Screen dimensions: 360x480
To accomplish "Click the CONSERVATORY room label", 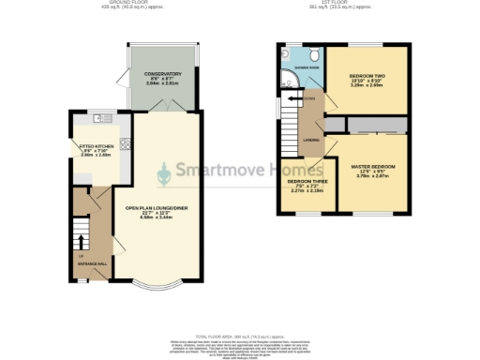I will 162,73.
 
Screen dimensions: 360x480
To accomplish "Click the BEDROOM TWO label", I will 367,76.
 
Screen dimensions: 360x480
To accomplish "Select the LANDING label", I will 311,142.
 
